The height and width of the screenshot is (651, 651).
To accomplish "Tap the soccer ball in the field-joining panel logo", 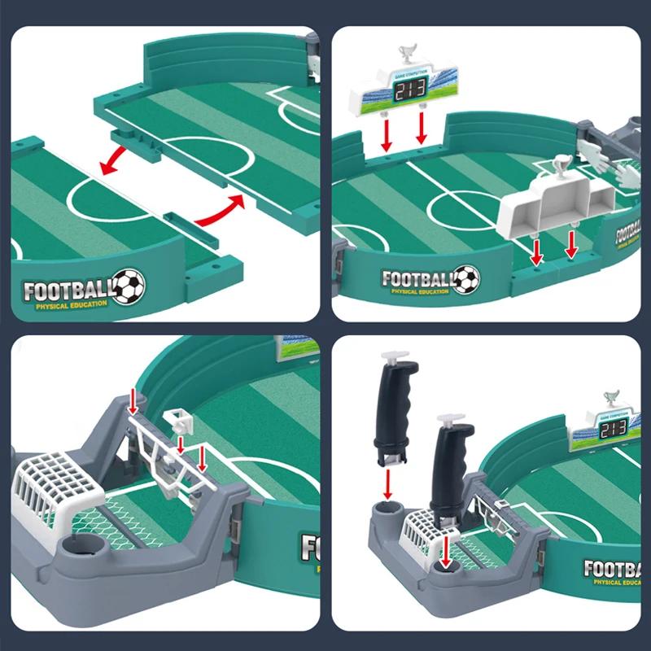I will pyautogui.click(x=128, y=286).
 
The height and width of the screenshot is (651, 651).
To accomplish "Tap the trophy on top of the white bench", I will pyautogui.click(x=562, y=168).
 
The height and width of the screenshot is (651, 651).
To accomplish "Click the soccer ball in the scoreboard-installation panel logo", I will pyautogui.click(x=465, y=279).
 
